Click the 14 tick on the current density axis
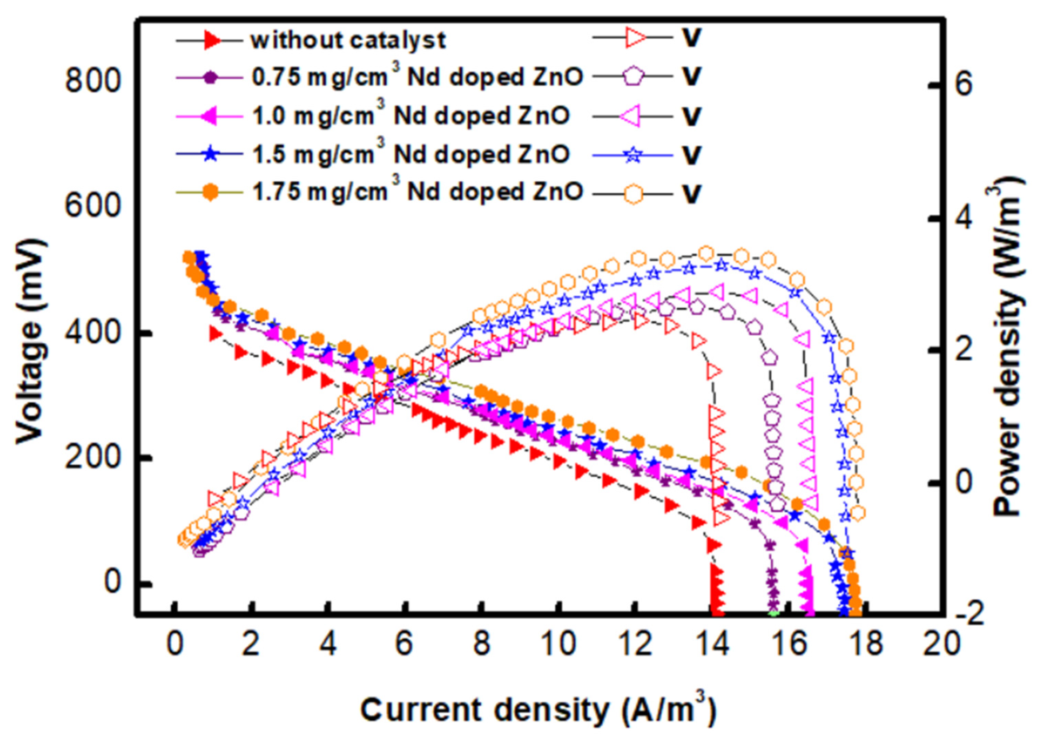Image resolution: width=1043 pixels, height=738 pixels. [712, 644]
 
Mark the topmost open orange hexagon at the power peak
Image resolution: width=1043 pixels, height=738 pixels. [705, 253]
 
